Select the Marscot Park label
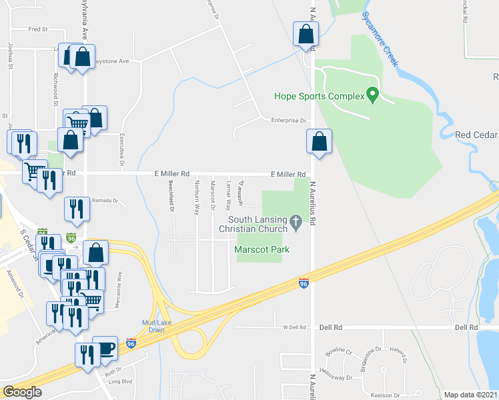pyautogui.click(x=257, y=250)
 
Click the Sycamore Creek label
pyautogui.click(x=381, y=39)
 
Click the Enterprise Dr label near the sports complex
pyautogui.click(x=288, y=121)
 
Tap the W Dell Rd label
pyautogui.click(x=293, y=327)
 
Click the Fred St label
pyautogui.click(x=38, y=29)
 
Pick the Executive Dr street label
pyautogui.click(x=122, y=145)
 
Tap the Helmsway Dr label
pyautogui.click(x=353, y=377)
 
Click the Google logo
pyautogui.click(x=22, y=392)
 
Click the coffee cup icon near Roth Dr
pyautogui.click(x=104, y=347)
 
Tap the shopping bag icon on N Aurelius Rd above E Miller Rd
pyautogui.click(x=320, y=141)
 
